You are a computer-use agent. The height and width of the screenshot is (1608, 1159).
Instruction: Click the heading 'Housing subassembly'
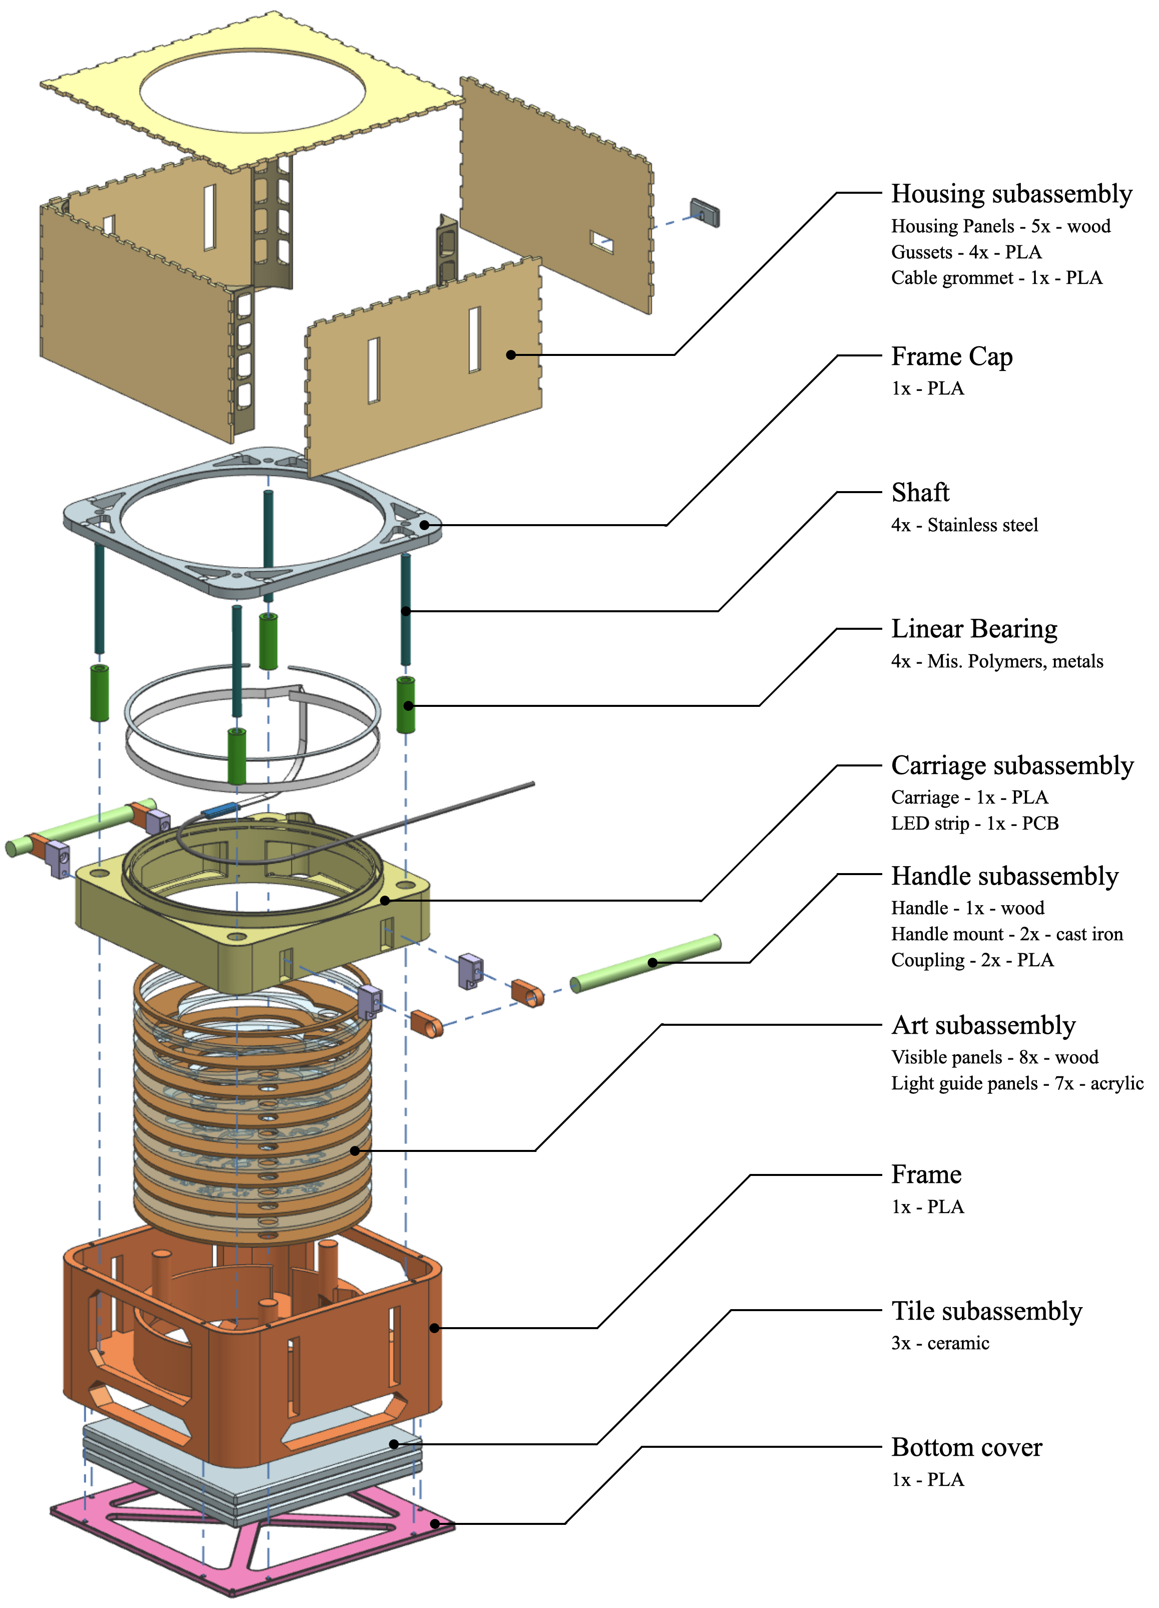coord(1011,194)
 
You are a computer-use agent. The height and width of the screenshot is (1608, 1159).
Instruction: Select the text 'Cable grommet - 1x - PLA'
coord(996,278)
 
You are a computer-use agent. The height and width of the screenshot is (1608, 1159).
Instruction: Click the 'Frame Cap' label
coord(951,356)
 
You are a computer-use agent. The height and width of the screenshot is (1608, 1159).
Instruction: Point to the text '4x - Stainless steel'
coord(964,525)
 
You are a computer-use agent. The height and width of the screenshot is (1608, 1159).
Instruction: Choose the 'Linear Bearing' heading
coord(973,629)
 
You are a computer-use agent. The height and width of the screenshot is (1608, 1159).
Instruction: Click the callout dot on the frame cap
coord(424,525)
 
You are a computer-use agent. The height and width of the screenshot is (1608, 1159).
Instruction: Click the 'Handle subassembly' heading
coord(1004,876)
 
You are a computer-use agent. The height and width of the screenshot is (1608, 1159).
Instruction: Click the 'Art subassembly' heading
coord(983,1025)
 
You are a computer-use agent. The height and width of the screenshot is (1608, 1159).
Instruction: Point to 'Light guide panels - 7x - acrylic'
coord(1016,1083)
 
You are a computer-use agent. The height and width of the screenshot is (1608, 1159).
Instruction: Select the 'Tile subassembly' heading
coord(986,1311)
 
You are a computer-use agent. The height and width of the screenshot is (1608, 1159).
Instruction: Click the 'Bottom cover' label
coord(966,1447)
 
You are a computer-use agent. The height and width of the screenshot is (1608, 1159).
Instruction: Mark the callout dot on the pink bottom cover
coord(434,1523)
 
